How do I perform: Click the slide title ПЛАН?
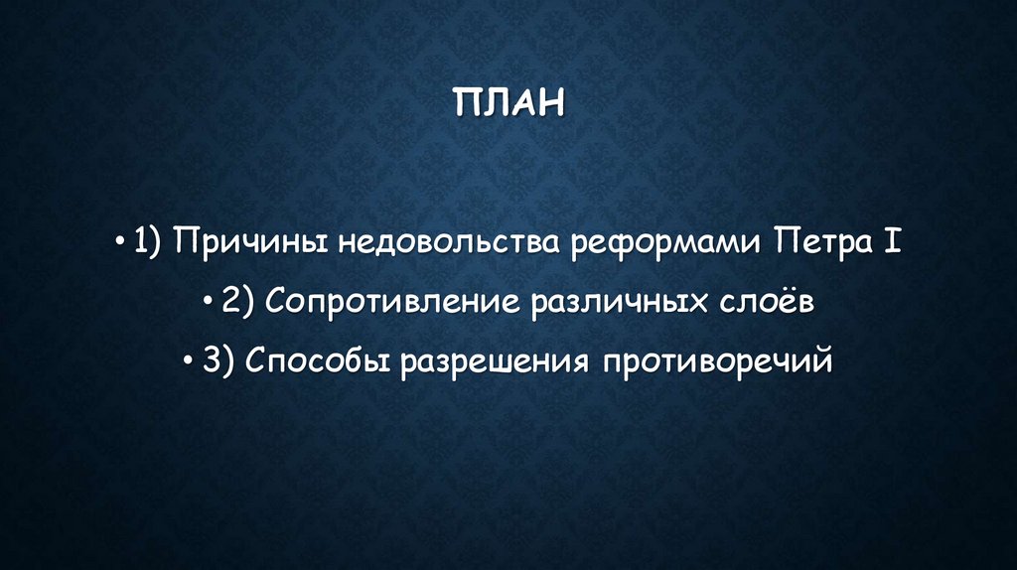(508, 103)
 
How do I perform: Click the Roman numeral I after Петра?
(892, 242)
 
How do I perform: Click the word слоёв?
(767, 302)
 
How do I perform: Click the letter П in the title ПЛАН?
(468, 103)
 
